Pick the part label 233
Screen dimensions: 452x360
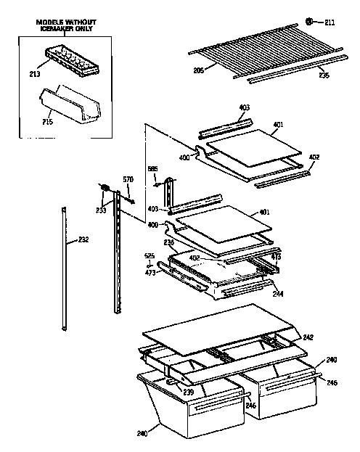100,210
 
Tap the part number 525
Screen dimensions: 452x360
149,255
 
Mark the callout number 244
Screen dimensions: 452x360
279,294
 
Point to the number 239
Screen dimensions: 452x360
188,392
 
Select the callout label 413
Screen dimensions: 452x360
277,256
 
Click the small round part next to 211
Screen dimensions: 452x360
309,22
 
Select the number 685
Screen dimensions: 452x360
152,169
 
